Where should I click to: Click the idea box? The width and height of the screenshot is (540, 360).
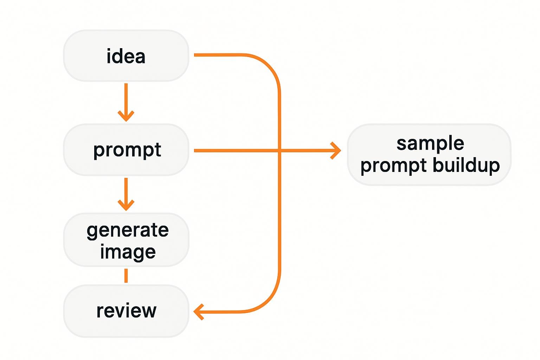[126, 56]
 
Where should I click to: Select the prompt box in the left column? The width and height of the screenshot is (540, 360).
[126, 150]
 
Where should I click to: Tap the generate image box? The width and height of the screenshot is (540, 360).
[126, 240]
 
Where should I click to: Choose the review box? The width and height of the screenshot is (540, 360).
[126, 311]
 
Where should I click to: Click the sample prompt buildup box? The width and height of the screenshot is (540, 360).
[429, 155]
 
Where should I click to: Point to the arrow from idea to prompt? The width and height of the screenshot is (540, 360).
[126, 102]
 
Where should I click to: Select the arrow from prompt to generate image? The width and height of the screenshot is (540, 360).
[126, 194]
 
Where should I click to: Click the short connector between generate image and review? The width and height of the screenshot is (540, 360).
[126, 276]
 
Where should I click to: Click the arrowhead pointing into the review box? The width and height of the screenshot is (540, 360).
[198, 312]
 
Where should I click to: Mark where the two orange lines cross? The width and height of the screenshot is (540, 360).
[279, 150]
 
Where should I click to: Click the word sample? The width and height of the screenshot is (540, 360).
[430, 143]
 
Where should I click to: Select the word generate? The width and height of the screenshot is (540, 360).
[128, 231]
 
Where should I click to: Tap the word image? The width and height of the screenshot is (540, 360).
[128, 252]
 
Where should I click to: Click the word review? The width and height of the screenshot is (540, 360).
[126, 311]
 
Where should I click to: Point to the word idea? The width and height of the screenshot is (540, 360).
[126, 56]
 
